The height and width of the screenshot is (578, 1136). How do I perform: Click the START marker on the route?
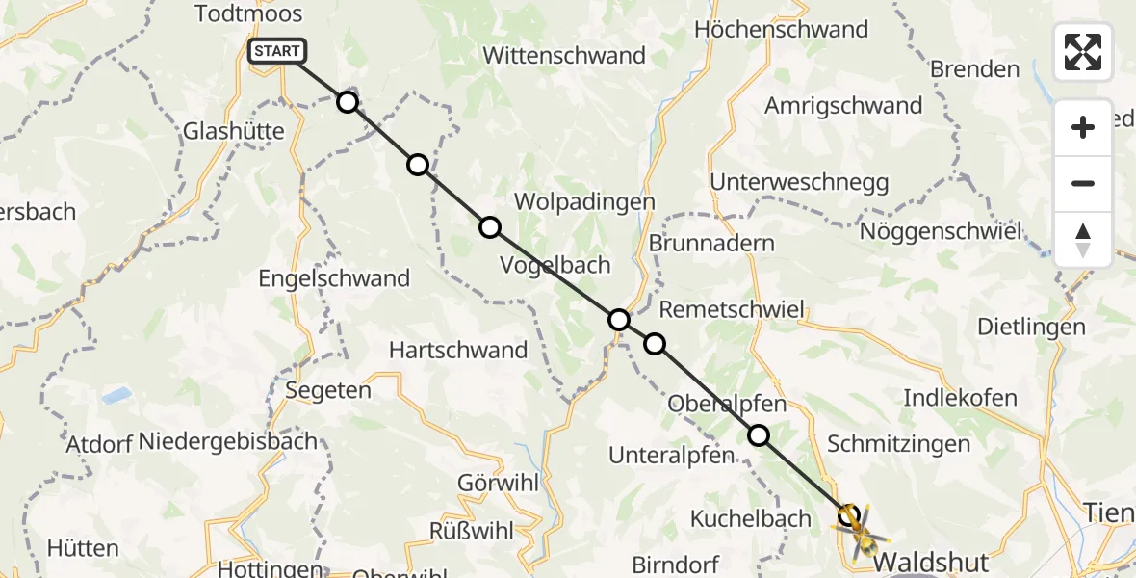click(277, 51)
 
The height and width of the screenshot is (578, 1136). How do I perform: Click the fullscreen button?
click(1083, 52)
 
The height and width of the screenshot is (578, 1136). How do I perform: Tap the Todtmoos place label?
click(248, 13)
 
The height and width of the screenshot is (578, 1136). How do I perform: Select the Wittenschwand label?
click(564, 56)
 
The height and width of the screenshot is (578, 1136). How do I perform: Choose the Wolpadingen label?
click(585, 202)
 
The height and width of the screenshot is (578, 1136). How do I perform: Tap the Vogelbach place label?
click(556, 265)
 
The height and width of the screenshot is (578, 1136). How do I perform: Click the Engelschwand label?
click(334, 278)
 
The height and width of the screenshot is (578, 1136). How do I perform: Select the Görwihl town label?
click(498, 484)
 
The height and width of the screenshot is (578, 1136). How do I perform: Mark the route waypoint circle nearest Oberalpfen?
click(759, 435)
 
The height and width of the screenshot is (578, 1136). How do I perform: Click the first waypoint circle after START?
click(348, 102)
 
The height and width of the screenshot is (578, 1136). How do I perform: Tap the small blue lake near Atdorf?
click(116, 394)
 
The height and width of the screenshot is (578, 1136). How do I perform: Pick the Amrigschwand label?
click(843, 106)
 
